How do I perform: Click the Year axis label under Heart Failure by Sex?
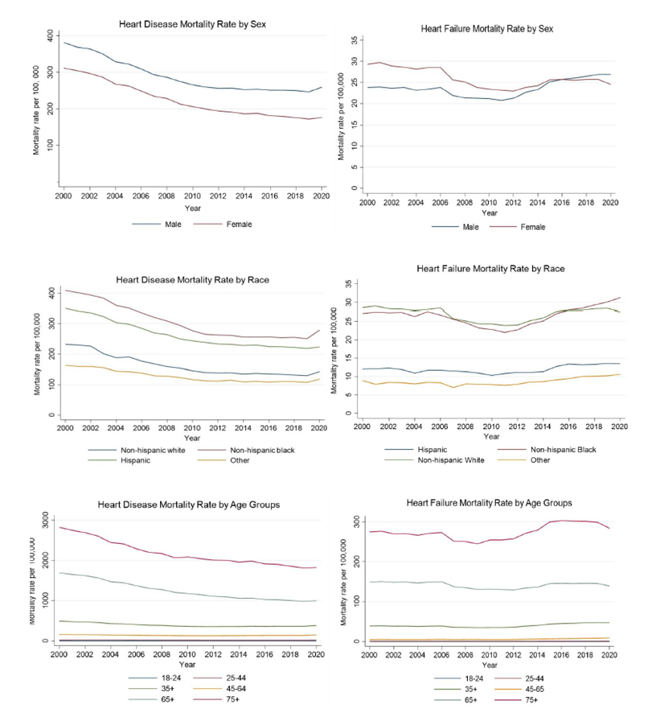point(490,212)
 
